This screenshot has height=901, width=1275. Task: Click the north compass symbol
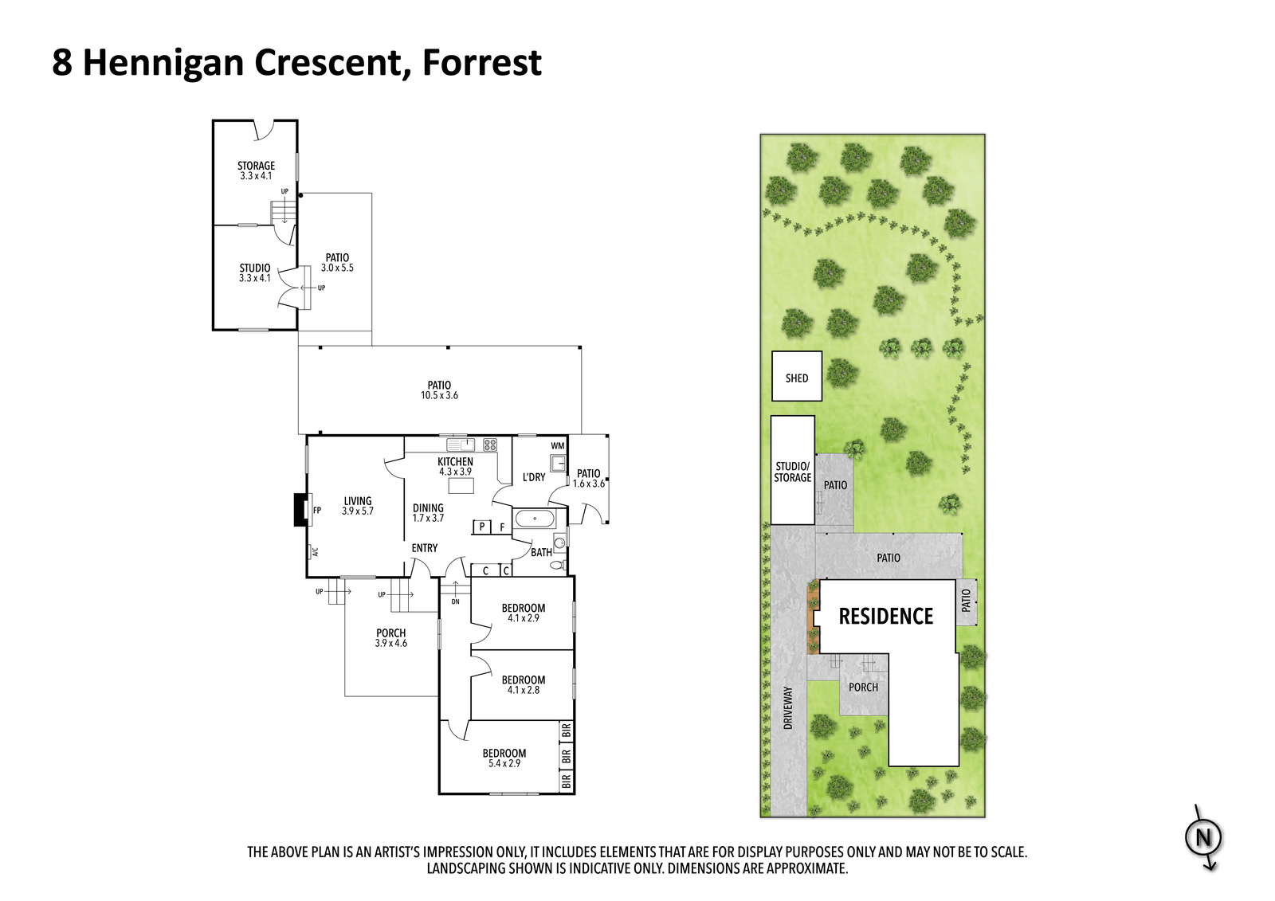(x=1203, y=838)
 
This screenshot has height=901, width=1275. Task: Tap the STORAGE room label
(x=256, y=166)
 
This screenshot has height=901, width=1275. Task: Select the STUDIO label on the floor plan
(x=255, y=268)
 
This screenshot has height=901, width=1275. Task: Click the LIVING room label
(x=358, y=501)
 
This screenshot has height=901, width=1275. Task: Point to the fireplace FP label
(x=317, y=511)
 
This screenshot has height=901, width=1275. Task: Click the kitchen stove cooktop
(x=489, y=445)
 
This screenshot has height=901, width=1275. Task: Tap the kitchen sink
(x=461, y=444)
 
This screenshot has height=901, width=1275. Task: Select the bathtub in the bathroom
(x=534, y=519)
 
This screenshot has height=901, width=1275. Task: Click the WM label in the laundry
(x=558, y=445)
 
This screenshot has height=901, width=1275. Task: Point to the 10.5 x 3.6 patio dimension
(x=439, y=395)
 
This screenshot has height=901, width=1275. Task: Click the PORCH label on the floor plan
(x=391, y=633)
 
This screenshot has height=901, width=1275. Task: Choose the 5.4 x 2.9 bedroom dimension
(x=504, y=763)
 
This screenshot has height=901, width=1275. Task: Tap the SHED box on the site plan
(x=797, y=376)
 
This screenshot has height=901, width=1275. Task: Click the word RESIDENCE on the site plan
(x=886, y=617)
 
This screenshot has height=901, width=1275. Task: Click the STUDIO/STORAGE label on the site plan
(x=792, y=472)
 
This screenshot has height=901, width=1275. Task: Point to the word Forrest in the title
(x=481, y=63)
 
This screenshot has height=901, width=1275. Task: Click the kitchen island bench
(x=461, y=485)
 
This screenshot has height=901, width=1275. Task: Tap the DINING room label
(x=428, y=508)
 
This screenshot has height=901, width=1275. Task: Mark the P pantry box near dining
(x=481, y=527)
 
